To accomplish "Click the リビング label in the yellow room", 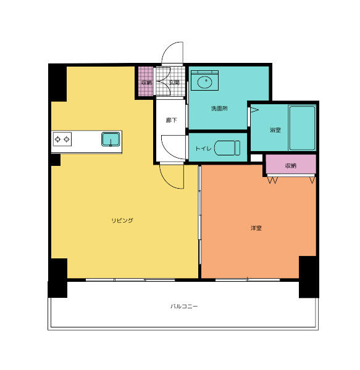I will coord(122,220).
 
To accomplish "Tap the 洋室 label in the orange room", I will coord(256,228).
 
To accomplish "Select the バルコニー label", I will coord(184,306).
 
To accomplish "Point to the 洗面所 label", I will coord(219,109).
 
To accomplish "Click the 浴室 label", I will coord(275,130).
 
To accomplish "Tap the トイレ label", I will coord(203,149).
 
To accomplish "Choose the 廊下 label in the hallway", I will coord(171,120).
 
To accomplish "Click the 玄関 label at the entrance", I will coord(174,82).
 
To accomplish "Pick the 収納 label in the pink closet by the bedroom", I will coord(290,165).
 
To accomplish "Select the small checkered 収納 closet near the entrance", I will coord(146,82).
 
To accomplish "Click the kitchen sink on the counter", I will coord(111,139).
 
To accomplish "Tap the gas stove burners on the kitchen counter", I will coord(63,139).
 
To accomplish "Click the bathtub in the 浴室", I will coord(302,128).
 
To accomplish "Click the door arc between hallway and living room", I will coord(172,178).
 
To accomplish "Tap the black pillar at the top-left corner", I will coord(57,82).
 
